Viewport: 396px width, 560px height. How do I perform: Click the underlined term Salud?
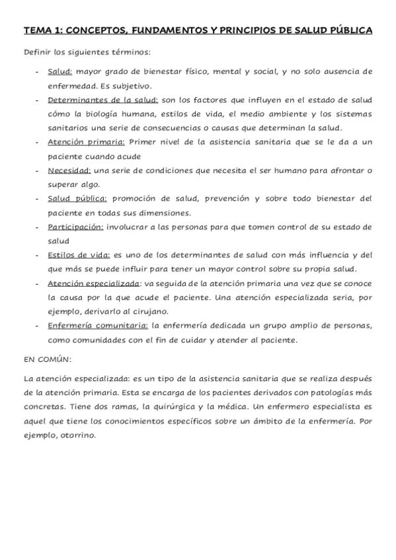point(60,71)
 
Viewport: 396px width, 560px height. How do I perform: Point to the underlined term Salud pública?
point(77,199)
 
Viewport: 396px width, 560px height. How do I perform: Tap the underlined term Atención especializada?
point(93,284)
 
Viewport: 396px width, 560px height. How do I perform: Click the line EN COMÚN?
point(48,359)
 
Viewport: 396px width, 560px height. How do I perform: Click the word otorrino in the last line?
point(77,436)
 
